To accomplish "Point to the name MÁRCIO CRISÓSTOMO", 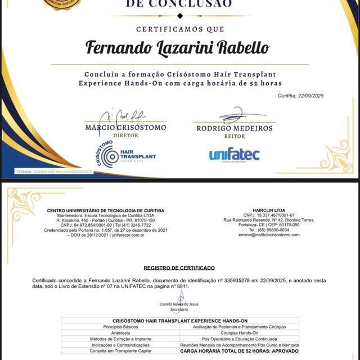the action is (125, 128).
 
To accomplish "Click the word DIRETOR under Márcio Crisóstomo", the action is (125, 136).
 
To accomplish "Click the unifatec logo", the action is (234, 154).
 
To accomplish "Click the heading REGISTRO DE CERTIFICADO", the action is (179, 268).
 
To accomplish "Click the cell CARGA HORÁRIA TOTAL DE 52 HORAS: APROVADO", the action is (240, 351).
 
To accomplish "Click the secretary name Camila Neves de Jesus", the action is (179, 304).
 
